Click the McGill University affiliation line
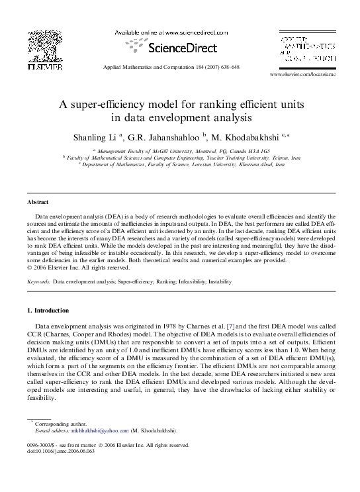tap(181, 152)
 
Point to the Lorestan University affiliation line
tap(181, 164)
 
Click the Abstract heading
tap(37, 201)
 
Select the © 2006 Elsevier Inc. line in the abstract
tap(77, 268)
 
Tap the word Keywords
tap(38, 281)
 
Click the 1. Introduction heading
tap(48, 311)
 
